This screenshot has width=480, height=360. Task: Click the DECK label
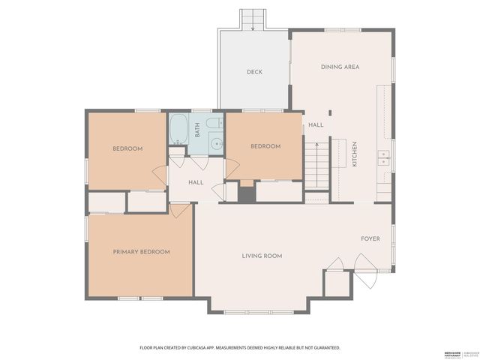[x=254, y=73]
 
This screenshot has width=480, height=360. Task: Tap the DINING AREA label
[x=340, y=67]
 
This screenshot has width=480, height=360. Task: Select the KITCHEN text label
[x=355, y=154]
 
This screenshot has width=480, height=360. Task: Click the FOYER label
[x=370, y=239]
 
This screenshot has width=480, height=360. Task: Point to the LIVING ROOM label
[x=262, y=256]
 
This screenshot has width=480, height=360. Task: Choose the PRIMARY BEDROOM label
[x=141, y=252]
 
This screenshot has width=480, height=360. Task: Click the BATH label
[x=197, y=130]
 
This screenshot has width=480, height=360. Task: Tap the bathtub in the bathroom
[x=178, y=130]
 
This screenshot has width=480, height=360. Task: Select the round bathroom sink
[x=215, y=143]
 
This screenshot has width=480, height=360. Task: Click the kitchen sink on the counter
[x=383, y=157]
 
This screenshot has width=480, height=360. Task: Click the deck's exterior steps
[x=253, y=19]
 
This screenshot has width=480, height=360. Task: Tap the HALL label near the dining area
[x=316, y=124]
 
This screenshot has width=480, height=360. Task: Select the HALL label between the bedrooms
[x=196, y=182]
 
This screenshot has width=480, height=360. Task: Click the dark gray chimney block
[x=247, y=193]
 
